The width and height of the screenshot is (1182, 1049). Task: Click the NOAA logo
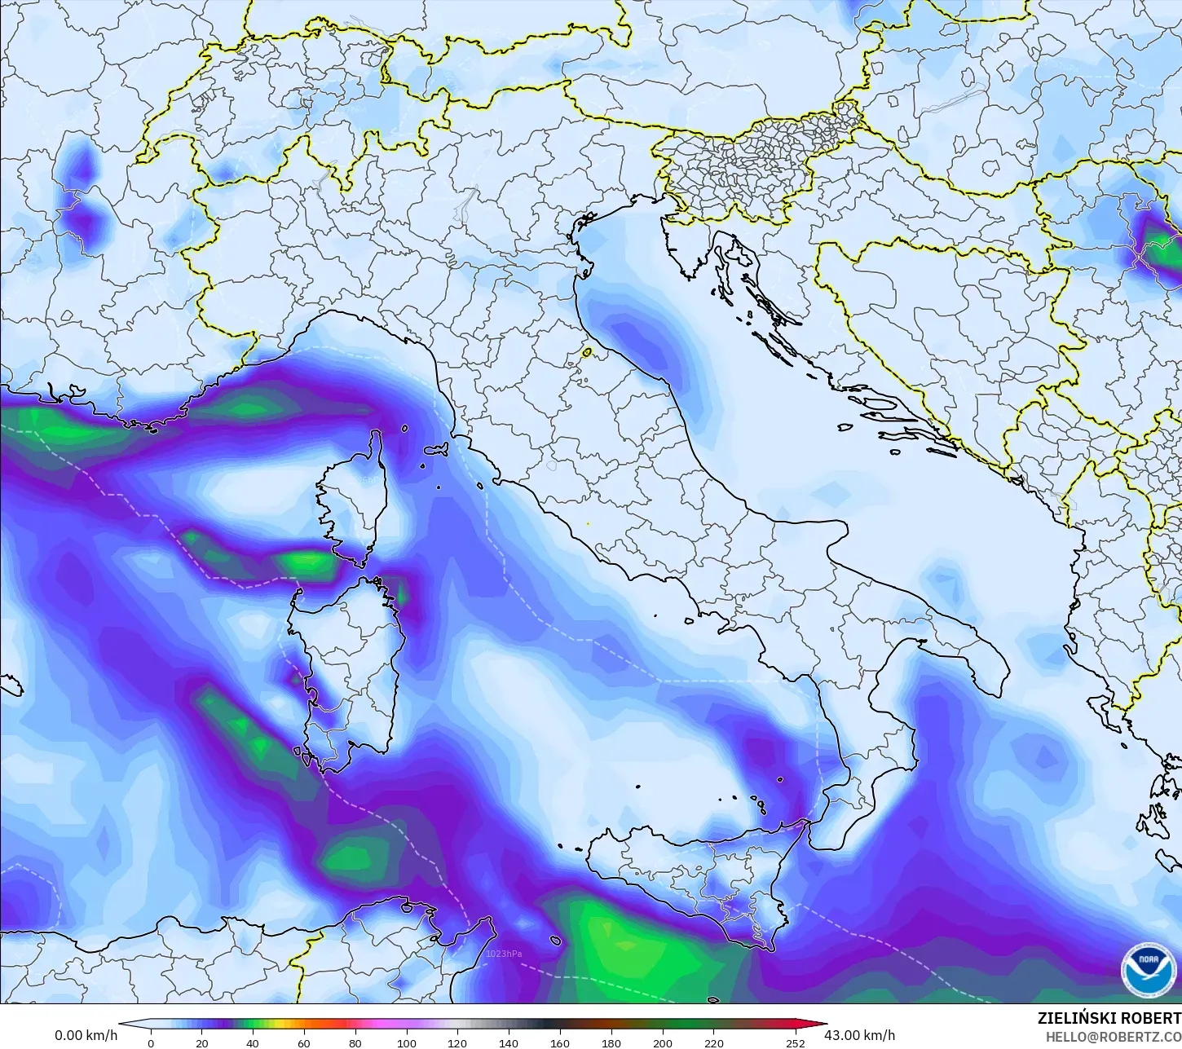coord(1149,969)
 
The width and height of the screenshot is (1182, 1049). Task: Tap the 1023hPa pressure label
coord(503,954)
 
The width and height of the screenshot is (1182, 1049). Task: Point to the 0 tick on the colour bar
coord(151,1042)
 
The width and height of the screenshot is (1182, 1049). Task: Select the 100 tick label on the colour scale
coord(406,1042)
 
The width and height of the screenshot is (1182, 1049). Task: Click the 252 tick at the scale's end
coord(796,1042)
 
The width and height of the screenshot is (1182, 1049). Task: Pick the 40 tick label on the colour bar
coord(253,1042)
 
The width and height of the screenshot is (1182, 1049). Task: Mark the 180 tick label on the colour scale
coord(611,1042)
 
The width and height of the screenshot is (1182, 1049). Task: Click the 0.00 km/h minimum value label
coord(86,1035)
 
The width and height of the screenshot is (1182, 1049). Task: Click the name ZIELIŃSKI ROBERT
coord(1109,1018)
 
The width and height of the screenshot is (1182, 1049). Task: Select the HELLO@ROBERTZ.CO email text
coord(1114,1036)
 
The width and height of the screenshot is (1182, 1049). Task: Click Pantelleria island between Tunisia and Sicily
coord(555,941)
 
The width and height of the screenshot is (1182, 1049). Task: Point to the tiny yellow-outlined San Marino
coord(586,353)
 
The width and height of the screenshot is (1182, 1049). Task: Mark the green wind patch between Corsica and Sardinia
coord(310,562)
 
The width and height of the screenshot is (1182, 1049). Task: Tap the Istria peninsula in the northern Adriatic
coord(681,245)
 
